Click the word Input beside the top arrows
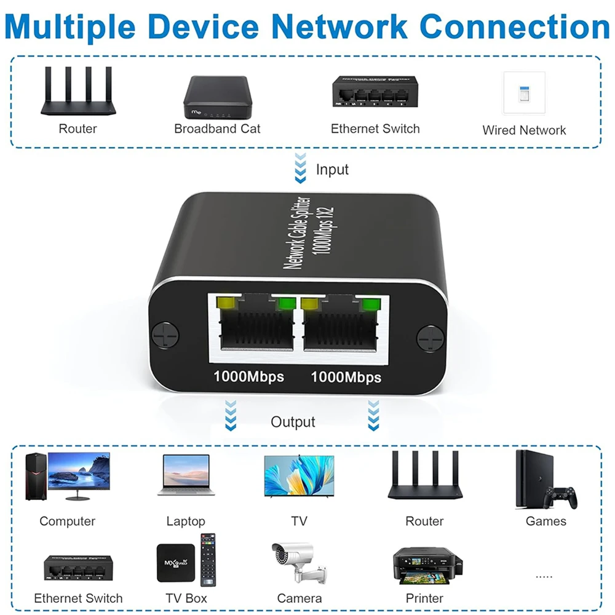pyautogui.click(x=332, y=169)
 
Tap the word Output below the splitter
pyautogui.click(x=293, y=422)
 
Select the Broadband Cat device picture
pyautogui.click(x=217, y=97)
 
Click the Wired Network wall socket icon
pyautogui.click(x=524, y=93)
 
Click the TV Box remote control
pyautogui.click(x=208, y=559)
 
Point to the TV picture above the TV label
pyautogui.click(x=299, y=476)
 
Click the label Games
pyautogui.click(x=546, y=521)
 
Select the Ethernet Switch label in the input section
pyautogui.click(x=375, y=129)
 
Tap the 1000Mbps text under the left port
pyautogui.click(x=248, y=376)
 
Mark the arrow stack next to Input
pyautogui.click(x=300, y=169)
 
